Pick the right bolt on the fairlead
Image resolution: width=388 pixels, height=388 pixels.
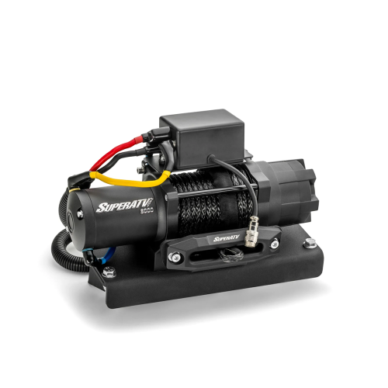tap(274, 244)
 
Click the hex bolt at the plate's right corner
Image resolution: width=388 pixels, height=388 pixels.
tap(310, 243)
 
